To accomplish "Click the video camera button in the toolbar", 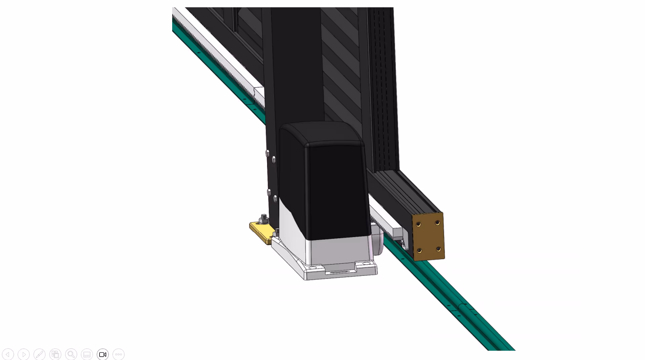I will (x=103, y=354).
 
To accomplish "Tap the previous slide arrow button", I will (x=8, y=354).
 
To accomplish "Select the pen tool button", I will (x=39, y=354).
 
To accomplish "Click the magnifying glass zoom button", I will (x=71, y=354).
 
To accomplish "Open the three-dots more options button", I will (x=118, y=354).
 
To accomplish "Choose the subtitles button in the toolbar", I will (x=87, y=354).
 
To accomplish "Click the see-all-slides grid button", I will (x=55, y=354).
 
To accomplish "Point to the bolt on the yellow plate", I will (x=264, y=219).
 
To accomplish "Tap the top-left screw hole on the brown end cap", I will (x=418, y=224).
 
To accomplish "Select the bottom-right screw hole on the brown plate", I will (x=438, y=249).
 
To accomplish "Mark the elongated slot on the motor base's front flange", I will (x=340, y=272).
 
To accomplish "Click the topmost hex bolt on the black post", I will (x=268, y=153).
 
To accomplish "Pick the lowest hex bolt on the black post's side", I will (x=275, y=199).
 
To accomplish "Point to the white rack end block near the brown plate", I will (x=397, y=233).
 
